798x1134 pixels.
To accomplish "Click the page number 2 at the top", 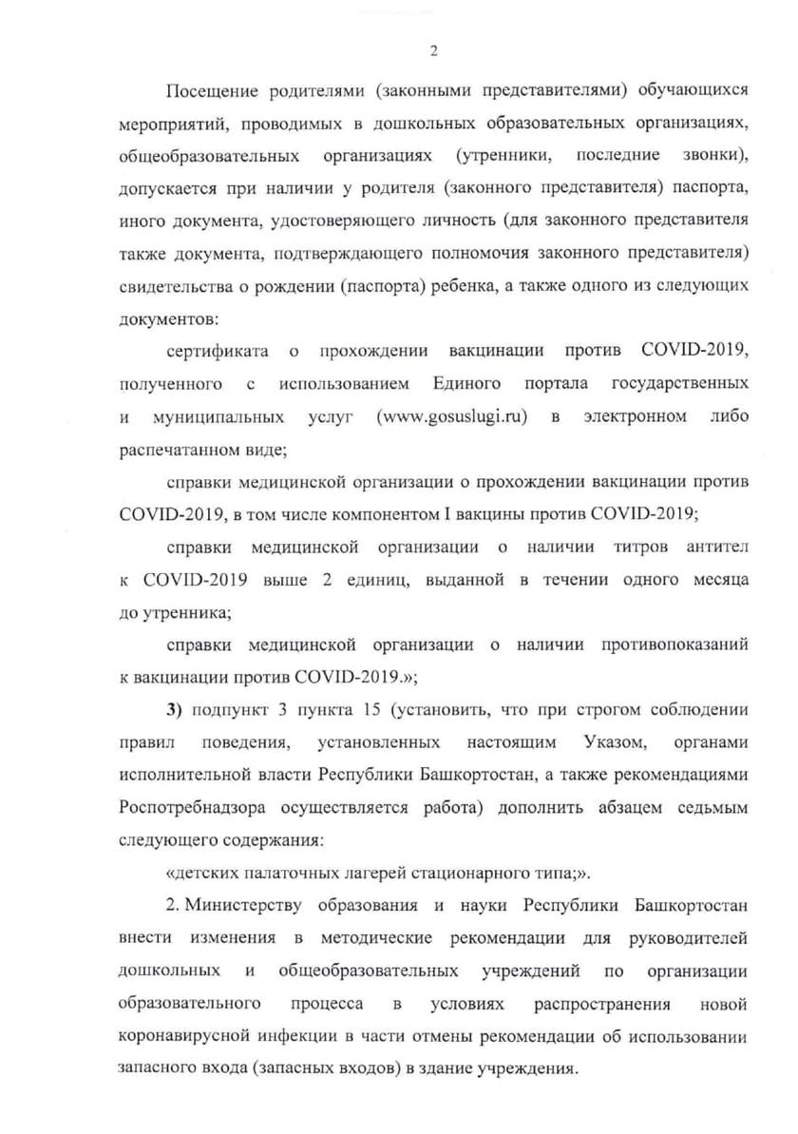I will (x=433, y=51).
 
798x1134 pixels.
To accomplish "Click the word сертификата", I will (x=218, y=353).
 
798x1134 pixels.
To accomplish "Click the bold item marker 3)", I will (x=174, y=711).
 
